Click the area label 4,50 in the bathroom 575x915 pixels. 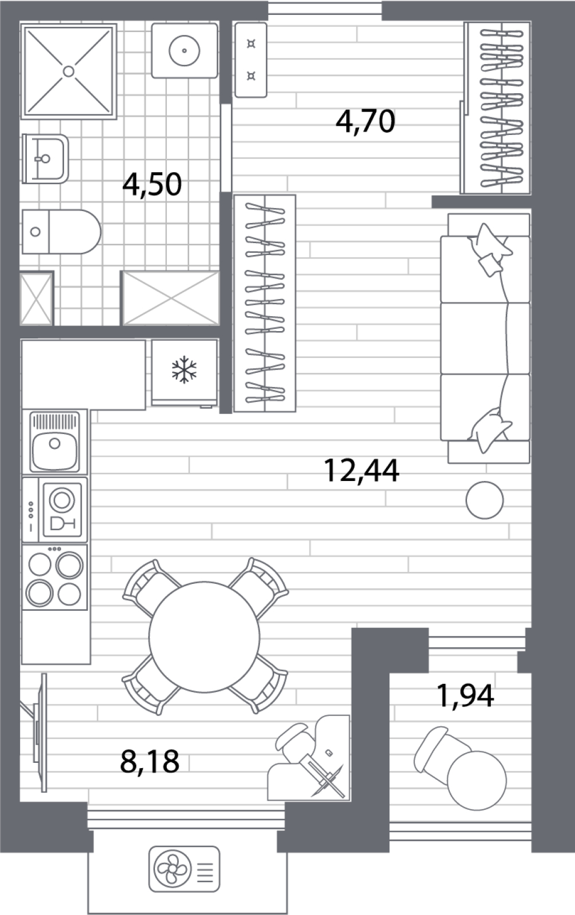(x=152, y=185)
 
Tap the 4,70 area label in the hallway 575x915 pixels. (x=365, y=121)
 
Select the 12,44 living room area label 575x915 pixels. (x=361, y=471)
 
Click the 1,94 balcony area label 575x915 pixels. (x=465, y=695)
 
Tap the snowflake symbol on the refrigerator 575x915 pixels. (x=184, y=369)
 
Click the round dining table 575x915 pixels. (x=204, y=637)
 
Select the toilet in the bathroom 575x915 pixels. (x=61, y=232)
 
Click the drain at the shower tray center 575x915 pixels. (x=69, y=71)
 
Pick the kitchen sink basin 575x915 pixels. (x=55, y=449)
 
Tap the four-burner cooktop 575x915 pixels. (x=55, y=577)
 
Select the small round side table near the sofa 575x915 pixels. (x=485, y=500)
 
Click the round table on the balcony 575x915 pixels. (x=477, y=781)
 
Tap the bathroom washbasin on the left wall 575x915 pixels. (x=45, y=158)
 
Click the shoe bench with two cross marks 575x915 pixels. (x=251, y=60)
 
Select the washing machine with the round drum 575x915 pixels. (x=185, y=51)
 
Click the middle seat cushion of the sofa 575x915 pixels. (x=485, y=338)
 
